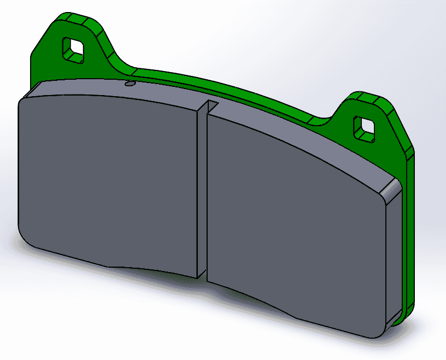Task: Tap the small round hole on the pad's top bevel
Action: [129, 84]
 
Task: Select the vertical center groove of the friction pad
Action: [202, 191]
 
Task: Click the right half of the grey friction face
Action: [295, 219]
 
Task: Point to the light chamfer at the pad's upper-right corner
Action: [391, 191]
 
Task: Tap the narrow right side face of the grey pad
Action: [394, 257]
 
